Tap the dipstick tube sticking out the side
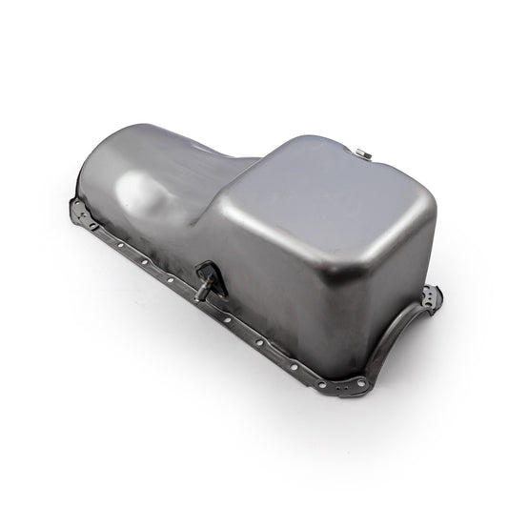tap(203, 289)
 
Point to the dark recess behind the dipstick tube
tap(213, 277)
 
